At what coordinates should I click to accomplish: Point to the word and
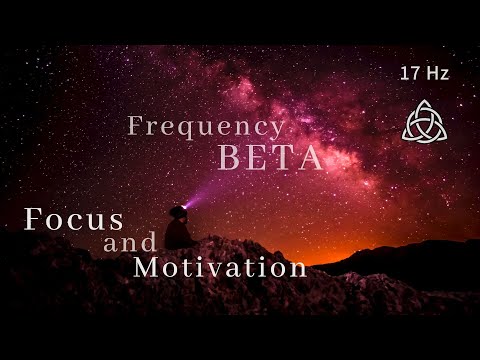(x=130, y=243)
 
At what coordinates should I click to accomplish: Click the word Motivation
(x=220, y=267)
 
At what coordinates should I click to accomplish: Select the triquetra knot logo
(x=421, y=120)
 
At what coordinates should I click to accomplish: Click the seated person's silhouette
(x=178, y=230)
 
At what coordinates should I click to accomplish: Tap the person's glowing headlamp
(x=184, y=207)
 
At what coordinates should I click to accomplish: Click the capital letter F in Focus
(x=33, y=219)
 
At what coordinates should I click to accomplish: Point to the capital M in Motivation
(x=146, y=267)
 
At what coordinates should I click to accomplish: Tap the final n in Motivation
(x=297, y=269)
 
